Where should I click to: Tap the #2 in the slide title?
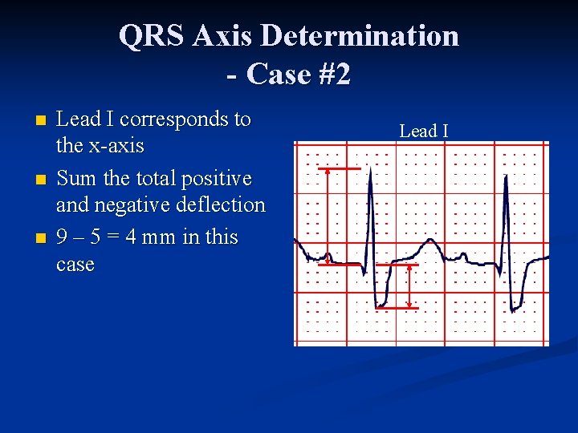[330, 74]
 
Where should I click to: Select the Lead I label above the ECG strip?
[424, 131]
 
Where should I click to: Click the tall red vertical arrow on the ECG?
[328, 215]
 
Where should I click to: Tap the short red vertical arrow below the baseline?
[410, 286]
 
